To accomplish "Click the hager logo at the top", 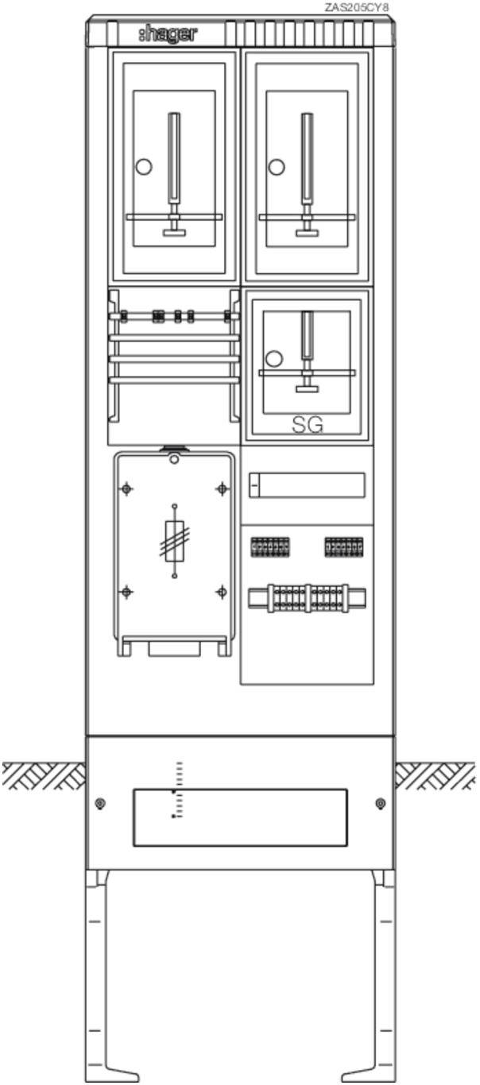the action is coord(168,34).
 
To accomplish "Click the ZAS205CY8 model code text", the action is coord(356,7).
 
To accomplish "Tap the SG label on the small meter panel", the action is coord(308,425).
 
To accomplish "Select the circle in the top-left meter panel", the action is coord(144,167).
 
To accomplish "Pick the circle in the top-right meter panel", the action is coord(277,167).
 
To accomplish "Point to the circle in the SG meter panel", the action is coord(274,359).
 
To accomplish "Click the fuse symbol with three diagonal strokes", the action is coord(175,541).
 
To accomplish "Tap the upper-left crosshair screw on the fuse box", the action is coord(126,488).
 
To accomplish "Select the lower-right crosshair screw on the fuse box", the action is coord(222,592).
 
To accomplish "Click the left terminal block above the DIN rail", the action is coord(270,546).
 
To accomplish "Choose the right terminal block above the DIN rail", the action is coord(344,546).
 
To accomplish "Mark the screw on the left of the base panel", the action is coord(100,804).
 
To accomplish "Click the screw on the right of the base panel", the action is coord(381,804).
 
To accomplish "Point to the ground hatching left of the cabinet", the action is coord(44,775).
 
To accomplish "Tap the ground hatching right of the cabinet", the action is coord(435,775).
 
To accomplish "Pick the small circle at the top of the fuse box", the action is coord(174,459).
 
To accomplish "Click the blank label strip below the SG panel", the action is coord(307,485).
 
